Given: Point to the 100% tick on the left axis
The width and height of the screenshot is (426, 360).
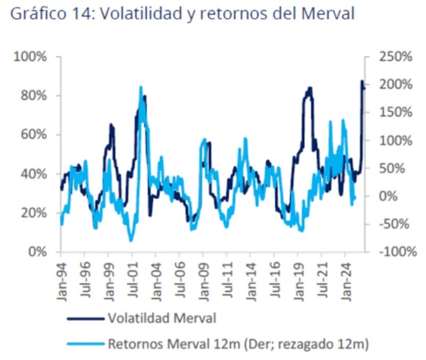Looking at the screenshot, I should tap(35, 57).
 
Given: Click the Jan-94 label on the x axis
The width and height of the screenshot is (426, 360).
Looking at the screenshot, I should tap(61, 277).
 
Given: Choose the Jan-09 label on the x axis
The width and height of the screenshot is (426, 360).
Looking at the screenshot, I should tap(203, 277).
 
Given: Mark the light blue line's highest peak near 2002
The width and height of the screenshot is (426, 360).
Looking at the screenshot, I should tap(141, 87).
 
